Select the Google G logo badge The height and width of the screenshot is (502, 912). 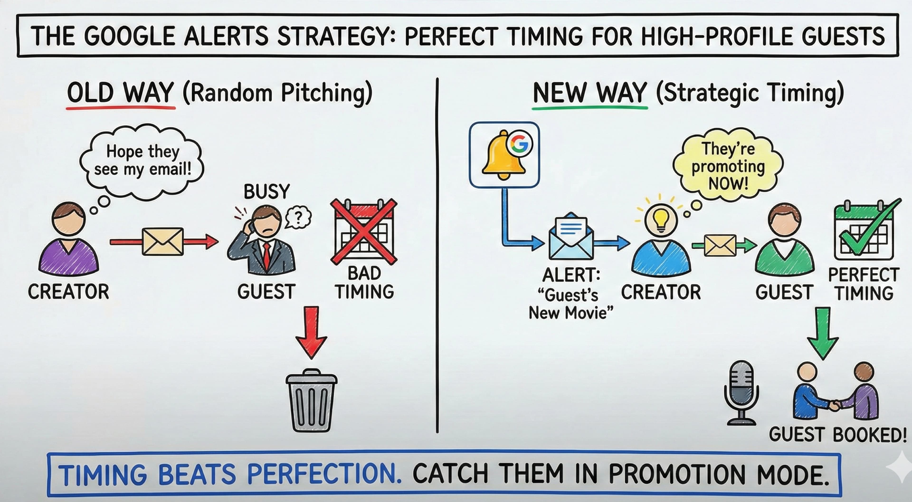(x=520, y=144)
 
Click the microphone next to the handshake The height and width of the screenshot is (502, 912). (x=741, y=392)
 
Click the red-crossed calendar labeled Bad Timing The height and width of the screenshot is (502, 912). (x=364, y=232)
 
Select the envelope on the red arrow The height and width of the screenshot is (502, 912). (x=162, y=242)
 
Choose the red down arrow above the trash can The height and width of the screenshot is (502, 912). (x=311, y=331)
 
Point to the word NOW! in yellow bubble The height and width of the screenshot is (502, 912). (x=728, y=183)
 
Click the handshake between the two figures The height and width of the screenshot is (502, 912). (x=835, y=405)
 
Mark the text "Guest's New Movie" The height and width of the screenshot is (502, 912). (x=571, y=304)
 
